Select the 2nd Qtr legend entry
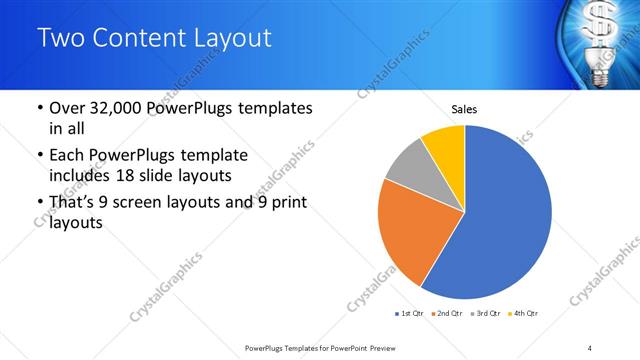pos(446,315)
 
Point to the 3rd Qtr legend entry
pos(485,315)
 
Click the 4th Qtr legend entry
pos(524,315)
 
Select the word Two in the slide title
pos(61,38)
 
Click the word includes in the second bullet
pos(79,177)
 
